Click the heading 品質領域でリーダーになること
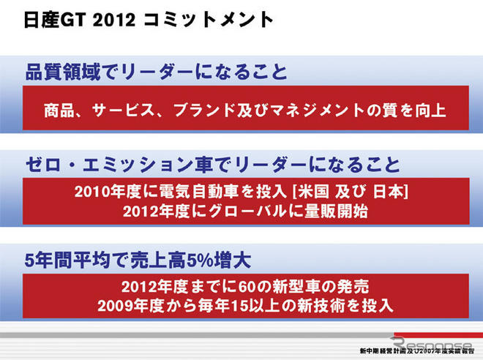pyautogui.click(x=154, y=72)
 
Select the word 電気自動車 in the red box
pyautogui.click(x=177, y=192)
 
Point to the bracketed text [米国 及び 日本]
pyautogui.click(x=349, y=192)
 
